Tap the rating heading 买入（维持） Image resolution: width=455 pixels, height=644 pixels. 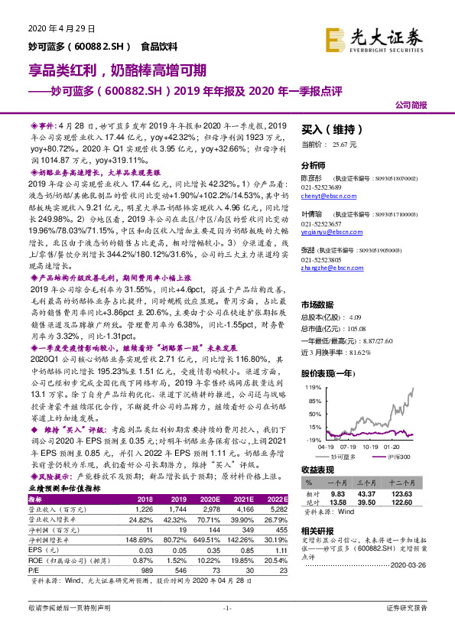tap(329, 129)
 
